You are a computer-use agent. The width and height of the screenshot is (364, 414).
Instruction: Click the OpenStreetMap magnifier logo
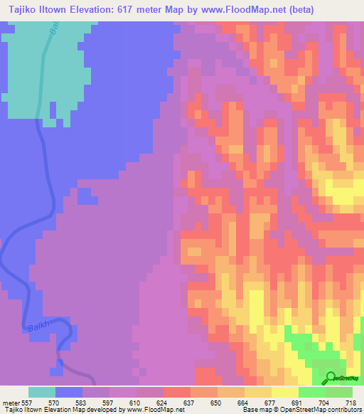pos(331,378)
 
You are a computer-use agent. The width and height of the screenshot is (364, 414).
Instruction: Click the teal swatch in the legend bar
pos(41,392)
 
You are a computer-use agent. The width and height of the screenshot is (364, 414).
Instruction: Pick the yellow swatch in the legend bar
pos(284,392)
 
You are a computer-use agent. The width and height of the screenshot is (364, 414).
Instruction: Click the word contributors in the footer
pos(344,410)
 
